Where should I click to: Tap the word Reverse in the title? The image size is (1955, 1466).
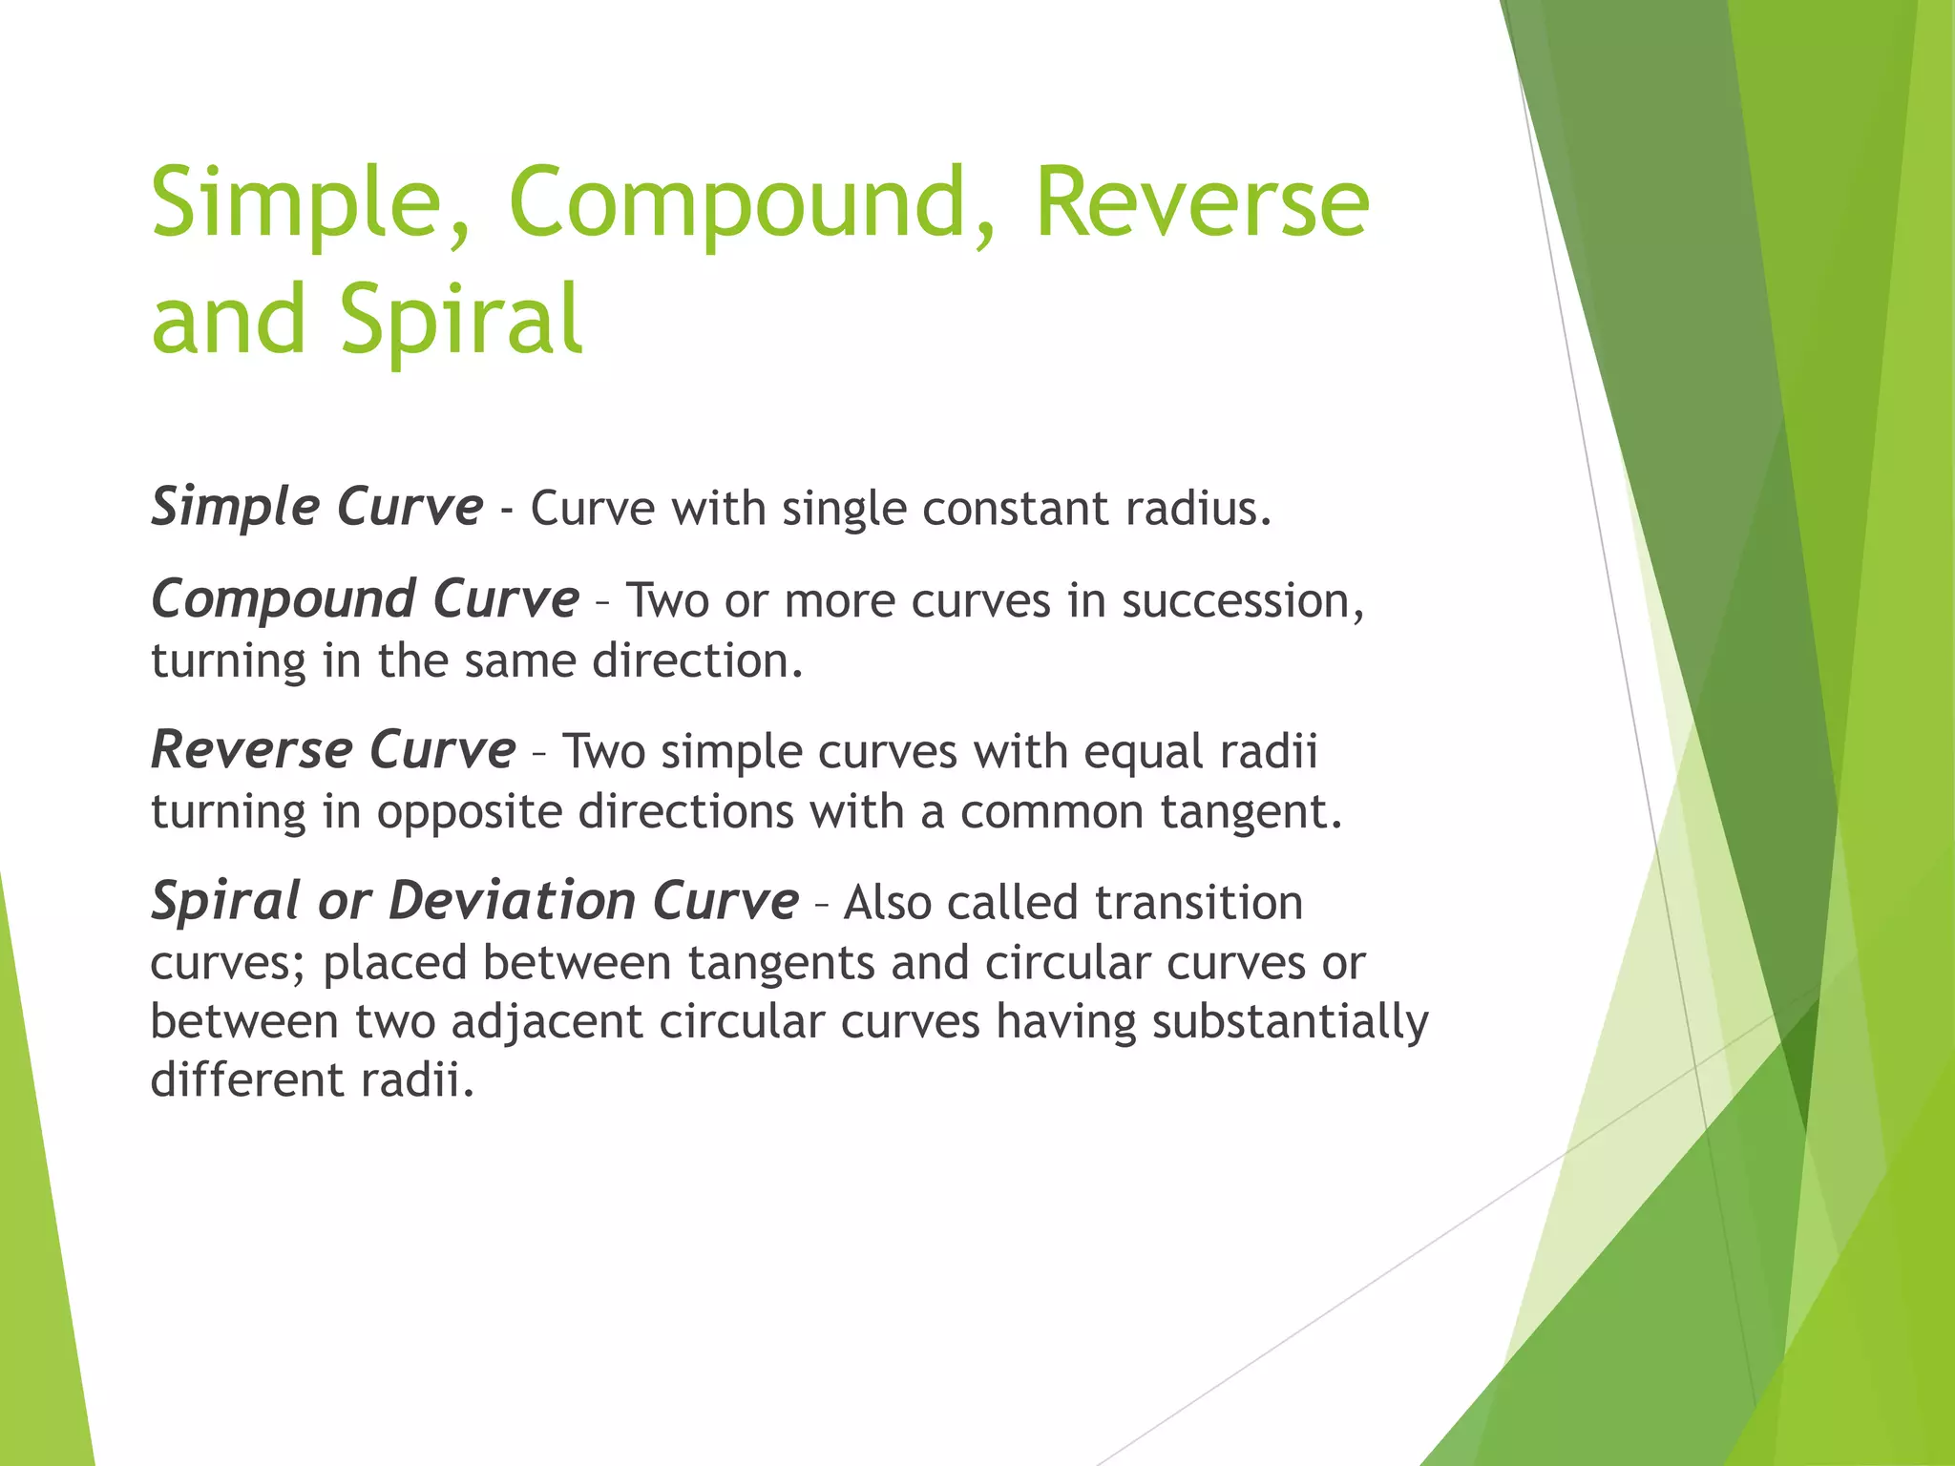[x=1203, y=202]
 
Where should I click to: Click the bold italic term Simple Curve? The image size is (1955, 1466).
[x=317, y=507]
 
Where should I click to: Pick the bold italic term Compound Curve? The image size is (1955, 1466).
[x=365, y=600]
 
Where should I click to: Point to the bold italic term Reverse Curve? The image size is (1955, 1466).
[x=333, y=750]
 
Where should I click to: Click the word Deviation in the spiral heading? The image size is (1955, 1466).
[x=513, y=902]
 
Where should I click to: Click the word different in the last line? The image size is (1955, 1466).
[x=246, y=1080]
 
